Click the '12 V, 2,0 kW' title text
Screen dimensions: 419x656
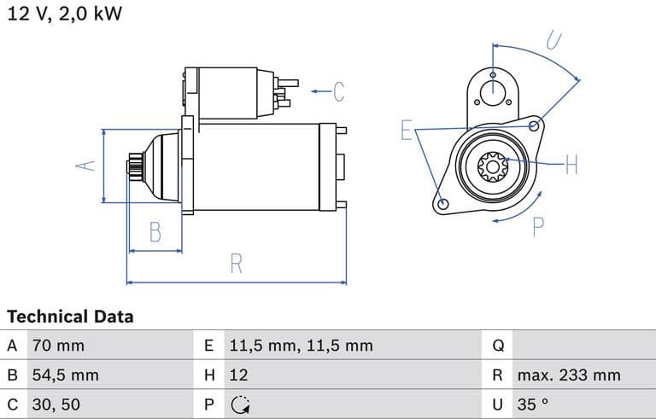point(64,15)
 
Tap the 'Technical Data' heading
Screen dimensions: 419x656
point(70,317)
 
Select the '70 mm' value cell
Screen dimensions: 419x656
point(58,346)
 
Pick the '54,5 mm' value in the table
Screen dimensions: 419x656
point(65,375)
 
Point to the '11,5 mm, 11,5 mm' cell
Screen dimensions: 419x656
point(301,346)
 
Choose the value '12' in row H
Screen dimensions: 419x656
point(239,375)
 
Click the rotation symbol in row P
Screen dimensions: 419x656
point(240,404)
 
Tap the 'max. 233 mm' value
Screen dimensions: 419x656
point(568,375)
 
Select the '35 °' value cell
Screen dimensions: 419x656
point(533,404)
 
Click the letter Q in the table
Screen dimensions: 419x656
point(499,346)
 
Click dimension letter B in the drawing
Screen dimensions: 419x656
point(155,231)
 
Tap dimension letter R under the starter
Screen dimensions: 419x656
point(237,264)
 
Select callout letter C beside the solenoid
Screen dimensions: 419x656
point(338,90)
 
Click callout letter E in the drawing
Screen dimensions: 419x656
point(407,131)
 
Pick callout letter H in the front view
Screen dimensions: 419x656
point(571,164)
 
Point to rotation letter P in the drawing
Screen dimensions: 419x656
point(538,226)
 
